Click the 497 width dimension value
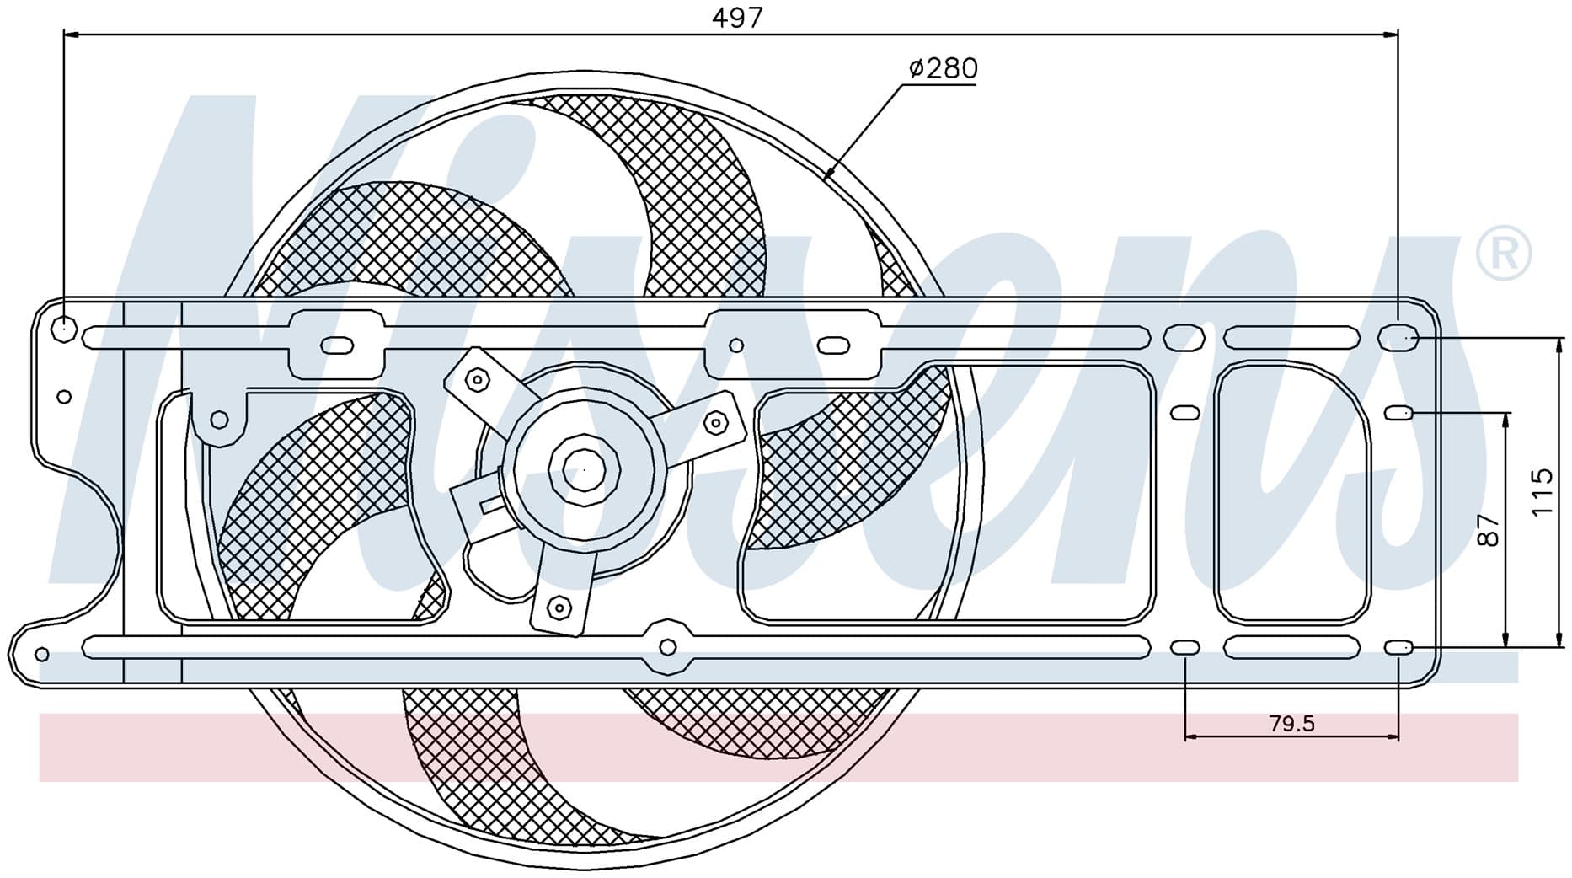pyautogui.click(x=737, y=19)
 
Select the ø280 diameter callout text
pyautogui.click(x=943, y=68)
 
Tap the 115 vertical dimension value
pyautogui.click(x=1541, y=492)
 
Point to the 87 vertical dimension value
pyautogui.click(x=1489, y=530)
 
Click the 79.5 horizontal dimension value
pyautogui.click(x=1291, y=723)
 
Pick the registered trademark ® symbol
pyautogui.click(x=1504, y=253)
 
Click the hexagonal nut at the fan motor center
pyautogui.click(x=584, y=470)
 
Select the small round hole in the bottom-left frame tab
pyautogui.click(x=42, y=654)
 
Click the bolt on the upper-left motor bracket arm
pyautogui.click(x=478, y=380)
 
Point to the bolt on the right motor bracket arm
pyautogui.click(x=714, y=423)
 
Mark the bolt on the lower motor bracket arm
pyautogui.click(x=557, y=606)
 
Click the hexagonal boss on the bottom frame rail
pyautogui.click(x=667, y=647)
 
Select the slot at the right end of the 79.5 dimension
pyautogui.click(x=1398, y=647)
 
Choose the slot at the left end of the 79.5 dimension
pyautogui.click(x=1185, y=647)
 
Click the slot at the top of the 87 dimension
pyautogui.click(x=1398, y=412)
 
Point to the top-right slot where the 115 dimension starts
pyautogui.click(x=1398, y=337)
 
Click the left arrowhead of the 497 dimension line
pyautogui.click(x=72, y=35)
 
